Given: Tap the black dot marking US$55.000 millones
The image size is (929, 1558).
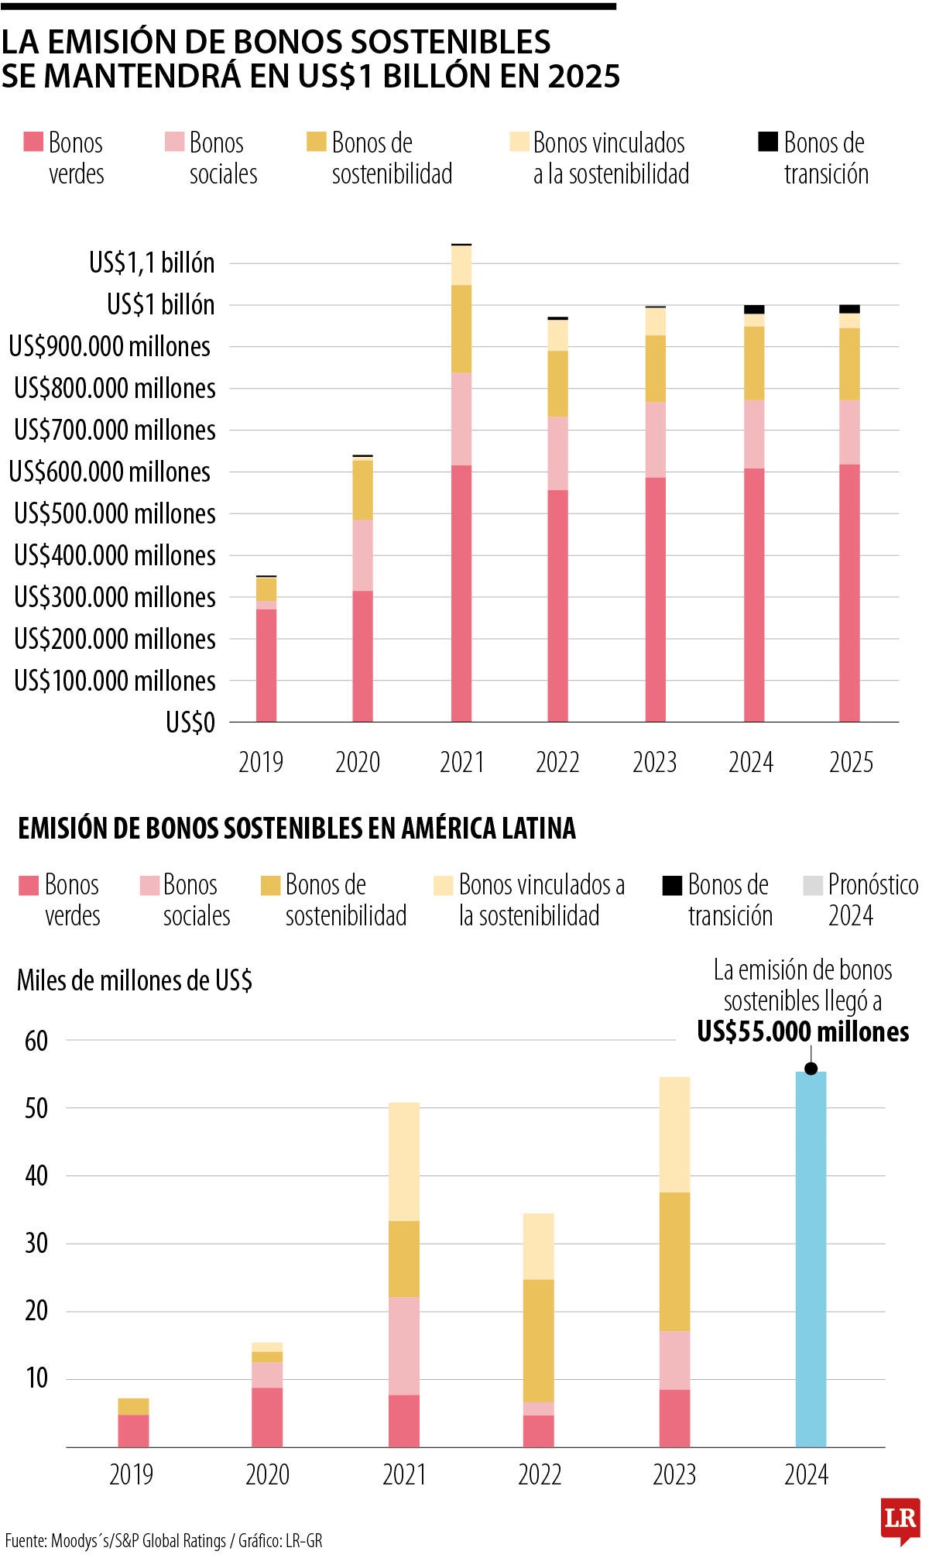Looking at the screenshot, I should (811, 1069).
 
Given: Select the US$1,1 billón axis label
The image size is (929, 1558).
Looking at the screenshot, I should (152, 263).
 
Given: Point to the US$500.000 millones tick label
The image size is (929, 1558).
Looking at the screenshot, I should (115, 513).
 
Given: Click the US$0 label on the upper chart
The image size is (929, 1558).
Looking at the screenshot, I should (190, 722).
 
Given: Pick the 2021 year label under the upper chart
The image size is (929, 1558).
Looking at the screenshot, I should (461, 762).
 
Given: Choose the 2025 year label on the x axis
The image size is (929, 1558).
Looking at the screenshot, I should (851, 762).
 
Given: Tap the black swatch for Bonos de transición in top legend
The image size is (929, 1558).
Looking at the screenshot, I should (767, 142).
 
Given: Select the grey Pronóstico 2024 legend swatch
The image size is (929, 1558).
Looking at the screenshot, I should (813, 885).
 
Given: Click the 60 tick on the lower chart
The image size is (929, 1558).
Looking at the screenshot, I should (36, 1041).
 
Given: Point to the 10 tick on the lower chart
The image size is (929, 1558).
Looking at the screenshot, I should (36, 1378).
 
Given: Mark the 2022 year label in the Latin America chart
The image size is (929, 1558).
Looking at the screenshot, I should (540, 1474).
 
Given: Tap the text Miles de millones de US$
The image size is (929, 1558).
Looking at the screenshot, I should (135, 980).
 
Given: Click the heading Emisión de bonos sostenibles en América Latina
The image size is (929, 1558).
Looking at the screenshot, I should (297, 829).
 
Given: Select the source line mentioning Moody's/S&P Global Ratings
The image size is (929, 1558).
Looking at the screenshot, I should (163, 1541).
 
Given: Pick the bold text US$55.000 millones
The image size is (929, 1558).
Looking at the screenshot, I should (803, 1032).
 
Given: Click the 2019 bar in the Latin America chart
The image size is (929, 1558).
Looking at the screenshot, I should (133, 1422).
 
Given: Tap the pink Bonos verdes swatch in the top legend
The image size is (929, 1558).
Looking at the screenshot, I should (33, 142).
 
